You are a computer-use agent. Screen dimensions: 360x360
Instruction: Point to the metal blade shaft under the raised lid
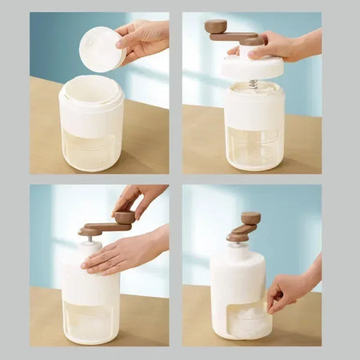tap(253, 83)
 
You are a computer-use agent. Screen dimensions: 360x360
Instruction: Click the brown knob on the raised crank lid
tap(215, 26)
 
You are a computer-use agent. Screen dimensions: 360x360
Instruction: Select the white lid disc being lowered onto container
tap(252, 67)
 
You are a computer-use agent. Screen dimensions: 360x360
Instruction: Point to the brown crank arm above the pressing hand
tap(104, 229)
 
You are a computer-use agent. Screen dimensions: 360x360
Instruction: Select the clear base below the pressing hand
tap(90, 320)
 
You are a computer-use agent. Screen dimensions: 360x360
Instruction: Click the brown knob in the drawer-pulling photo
tap(250, 218)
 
